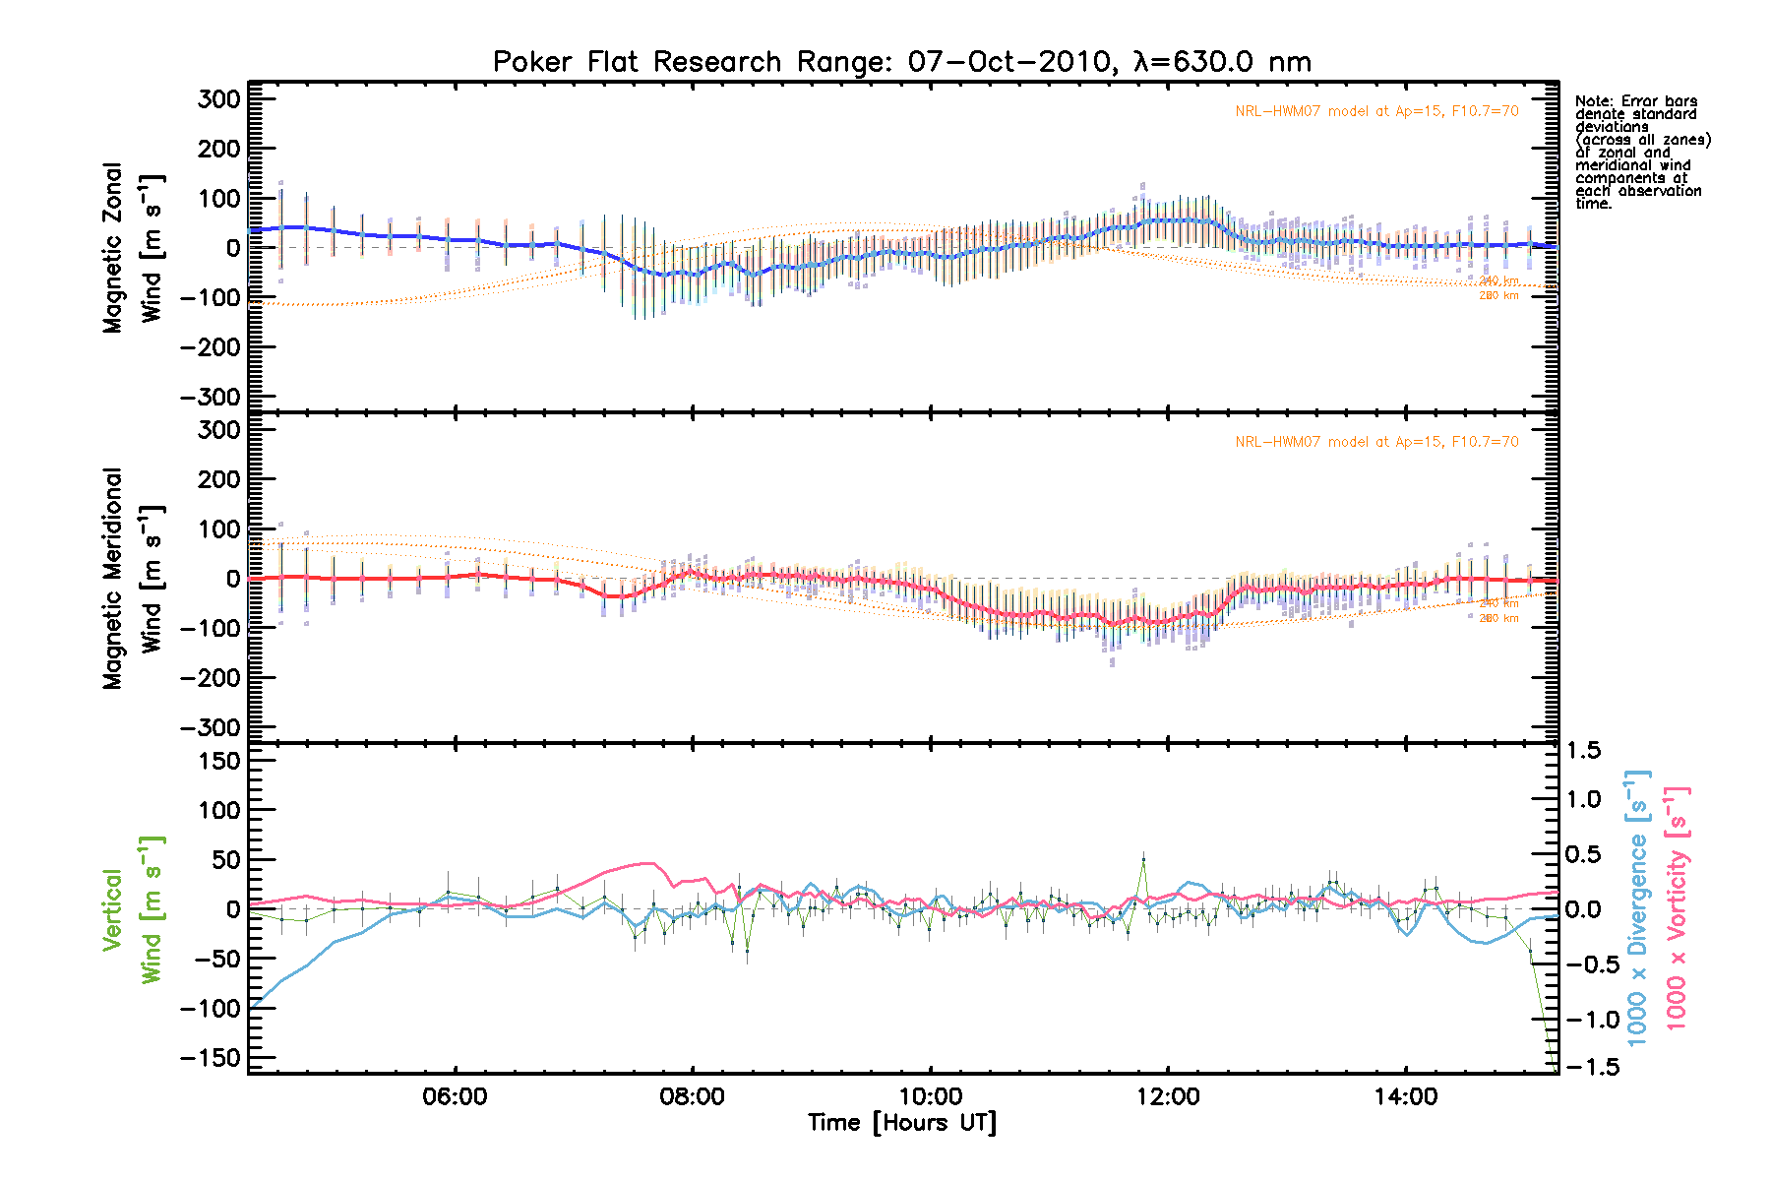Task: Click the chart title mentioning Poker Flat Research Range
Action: [x=901, y=62]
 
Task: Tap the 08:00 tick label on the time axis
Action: [x=693, y=1096]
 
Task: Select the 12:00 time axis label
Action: [x=1168, y=1096]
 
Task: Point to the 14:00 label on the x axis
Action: [x=1405, y=1096]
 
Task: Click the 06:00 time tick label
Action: [x=455, y=1096]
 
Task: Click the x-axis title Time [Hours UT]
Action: [x=901, y=1123]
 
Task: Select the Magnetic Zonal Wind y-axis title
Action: [x=134, y=247]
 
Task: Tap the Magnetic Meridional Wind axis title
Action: [x=134, y=578]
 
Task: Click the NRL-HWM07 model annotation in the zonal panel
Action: [x=1376, y=111]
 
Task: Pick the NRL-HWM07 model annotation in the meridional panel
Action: [x=1376, y=442]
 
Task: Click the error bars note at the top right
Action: [x=1642, y=153]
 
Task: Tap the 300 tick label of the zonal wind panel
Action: [x=218, y=98]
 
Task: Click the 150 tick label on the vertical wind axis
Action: [x=218, y=761]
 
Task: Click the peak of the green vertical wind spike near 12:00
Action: [x=1143, y=858]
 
